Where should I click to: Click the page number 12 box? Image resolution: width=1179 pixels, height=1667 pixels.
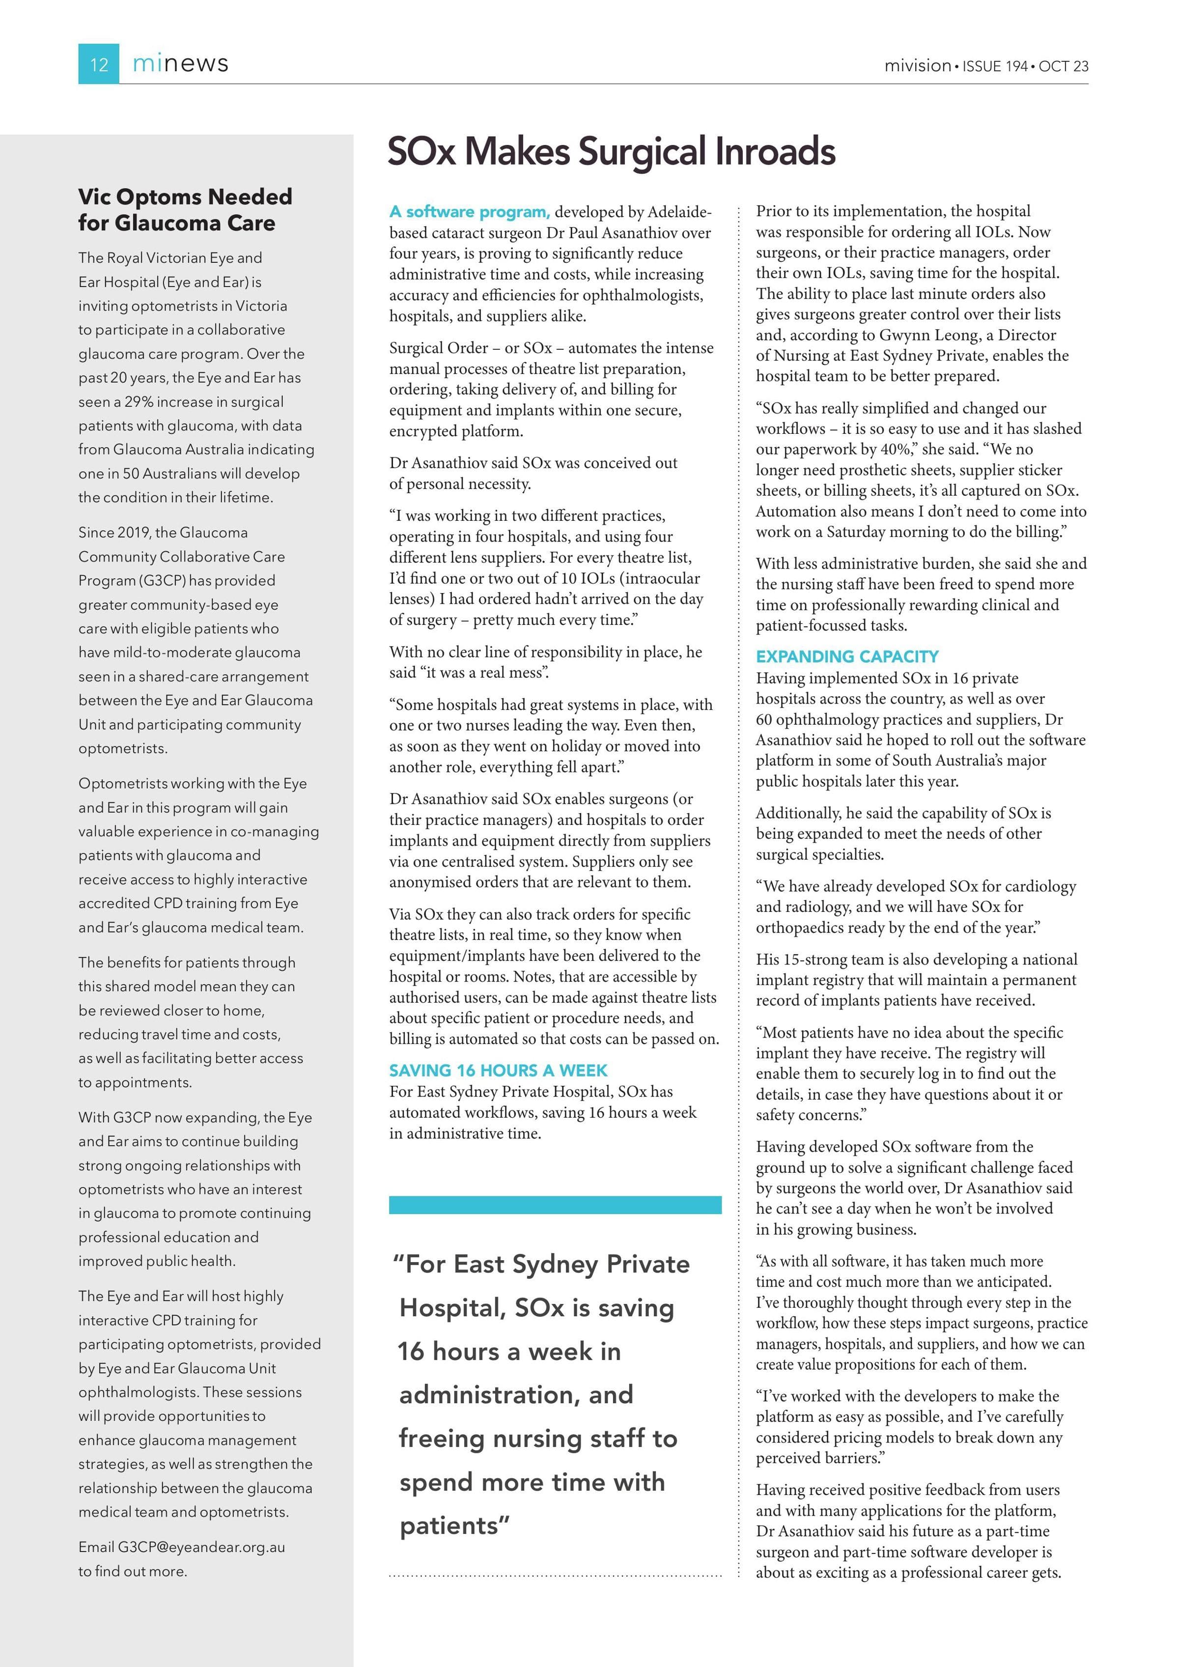[99, 64]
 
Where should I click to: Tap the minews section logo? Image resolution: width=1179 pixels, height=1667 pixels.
[180, 64]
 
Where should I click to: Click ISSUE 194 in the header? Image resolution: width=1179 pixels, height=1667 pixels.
[995, 66]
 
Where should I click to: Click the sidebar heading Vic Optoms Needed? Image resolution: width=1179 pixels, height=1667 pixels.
[185, 197]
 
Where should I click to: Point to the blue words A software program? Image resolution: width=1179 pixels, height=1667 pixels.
[469, 212]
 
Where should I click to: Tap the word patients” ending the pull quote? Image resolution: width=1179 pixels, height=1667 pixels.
[454, 1526]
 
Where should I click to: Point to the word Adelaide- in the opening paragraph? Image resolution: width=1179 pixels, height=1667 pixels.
[679, 212]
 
